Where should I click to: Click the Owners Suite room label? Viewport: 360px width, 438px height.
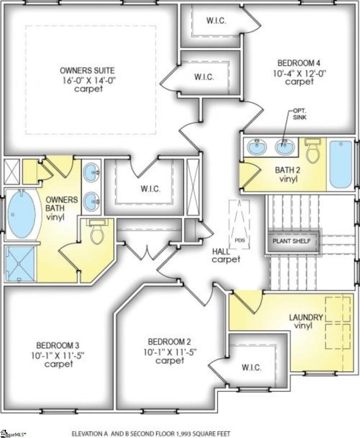pos(87,70)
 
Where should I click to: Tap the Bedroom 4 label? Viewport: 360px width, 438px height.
pos(299,62)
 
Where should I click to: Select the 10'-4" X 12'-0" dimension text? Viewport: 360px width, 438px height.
pos(300,73)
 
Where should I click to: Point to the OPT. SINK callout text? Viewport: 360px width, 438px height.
pos(299,114)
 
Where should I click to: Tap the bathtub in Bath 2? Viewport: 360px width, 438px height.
pos(341,165)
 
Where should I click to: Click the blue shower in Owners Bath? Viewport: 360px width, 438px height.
pos(20,263)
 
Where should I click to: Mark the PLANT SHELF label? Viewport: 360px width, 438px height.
pos(292,241)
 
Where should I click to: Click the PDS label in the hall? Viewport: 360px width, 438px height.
pos(240,240)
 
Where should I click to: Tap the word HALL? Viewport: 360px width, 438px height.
pos(221,251)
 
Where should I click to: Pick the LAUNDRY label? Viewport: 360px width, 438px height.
pos(306,318)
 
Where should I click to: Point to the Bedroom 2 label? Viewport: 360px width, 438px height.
pos(170,341)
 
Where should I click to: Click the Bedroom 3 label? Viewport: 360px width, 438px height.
pos(58,345)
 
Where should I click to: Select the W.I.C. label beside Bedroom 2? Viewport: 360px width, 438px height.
pos(252,367)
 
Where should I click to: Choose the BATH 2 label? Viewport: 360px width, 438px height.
pos(288,170)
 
